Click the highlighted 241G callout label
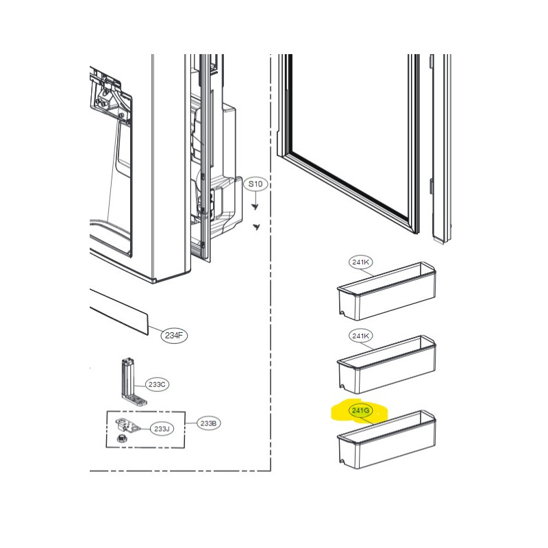click(360, 410)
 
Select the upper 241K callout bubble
click(361, 262)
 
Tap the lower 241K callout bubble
click(361, 336)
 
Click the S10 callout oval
click(256, 184)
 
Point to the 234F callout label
click(174, 336)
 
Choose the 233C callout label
click(157, 384)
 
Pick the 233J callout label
click(162, 429)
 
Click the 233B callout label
click(208, 423)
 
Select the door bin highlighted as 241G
click(386, 440)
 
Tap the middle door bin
click(386, 366)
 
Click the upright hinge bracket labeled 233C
click(132, 382)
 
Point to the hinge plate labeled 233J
click(127, 425)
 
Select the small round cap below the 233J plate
click(121, 438)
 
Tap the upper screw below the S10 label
click(255, 207)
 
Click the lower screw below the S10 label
click(257, 227)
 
